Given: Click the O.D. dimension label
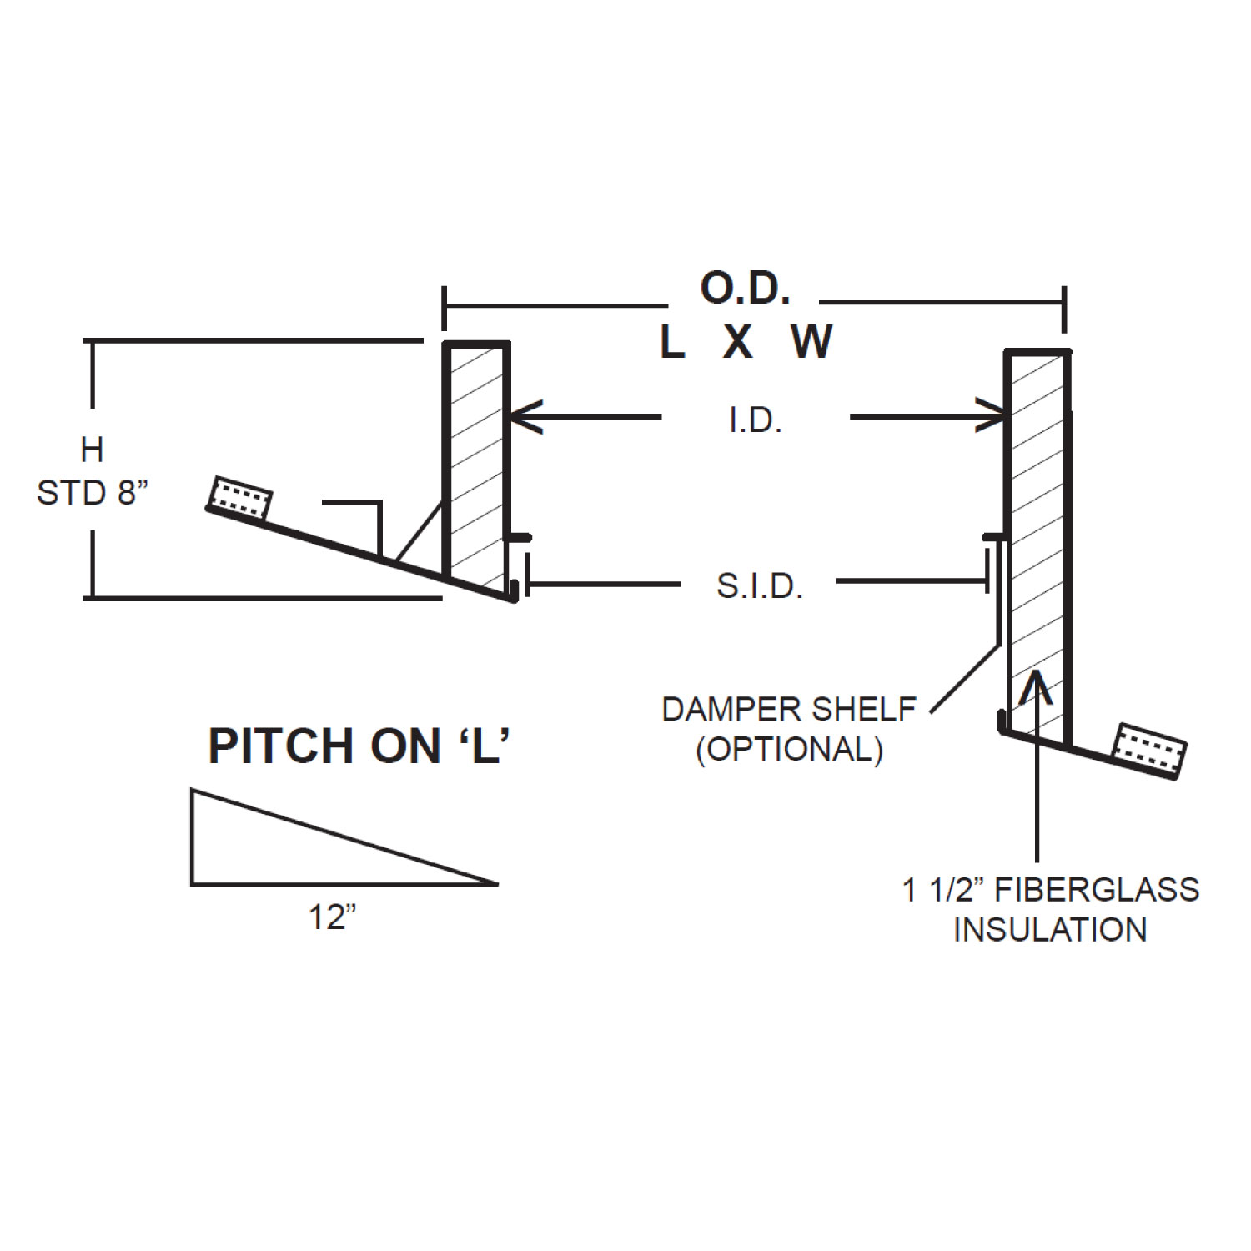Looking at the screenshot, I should [745, 289].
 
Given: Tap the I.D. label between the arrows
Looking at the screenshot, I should [756, 421].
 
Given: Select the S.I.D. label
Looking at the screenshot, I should [760, 586].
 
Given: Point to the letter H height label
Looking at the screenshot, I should [92, 450].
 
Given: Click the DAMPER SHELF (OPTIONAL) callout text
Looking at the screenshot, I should [789, 729].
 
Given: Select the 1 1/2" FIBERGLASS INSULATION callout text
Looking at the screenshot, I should [1050, 909].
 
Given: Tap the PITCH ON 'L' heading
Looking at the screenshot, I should [359, 746].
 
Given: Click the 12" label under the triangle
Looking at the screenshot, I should [333, 917].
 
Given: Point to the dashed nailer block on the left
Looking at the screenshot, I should [240, 498].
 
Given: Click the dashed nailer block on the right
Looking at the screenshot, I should [1152, 749].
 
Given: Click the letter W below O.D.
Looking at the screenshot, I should [811, 341].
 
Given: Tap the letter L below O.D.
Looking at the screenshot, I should [672, 341].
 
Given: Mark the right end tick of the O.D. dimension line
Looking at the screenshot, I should [1063, 309].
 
